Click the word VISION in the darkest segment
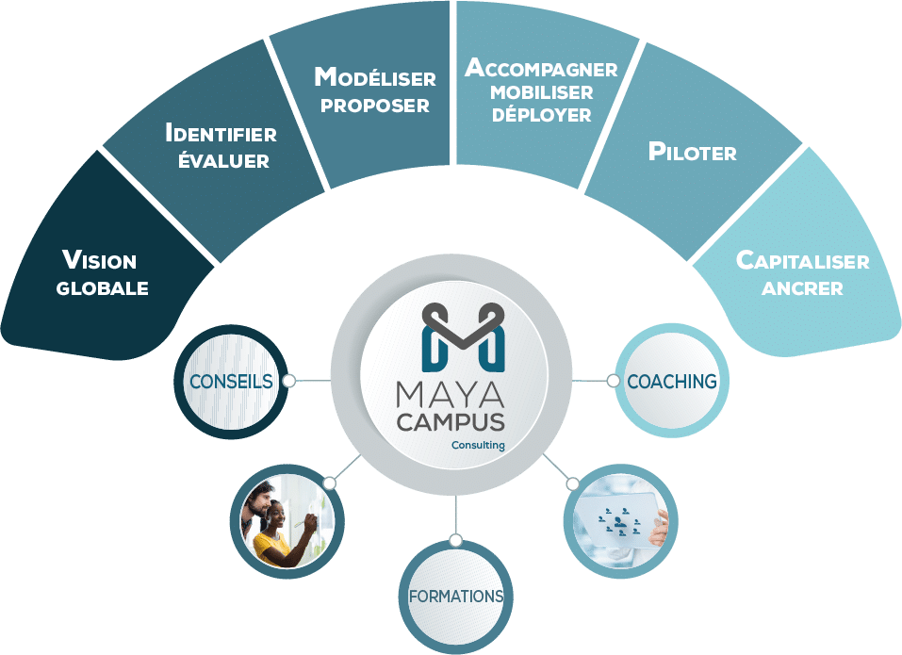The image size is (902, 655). (x=100, y=260)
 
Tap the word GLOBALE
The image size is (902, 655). (x=103, y=288)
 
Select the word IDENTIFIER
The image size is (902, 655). (x=221, y=133)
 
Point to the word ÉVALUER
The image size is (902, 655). (x=223, y=159)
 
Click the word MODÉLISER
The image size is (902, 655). (x=375, y=77)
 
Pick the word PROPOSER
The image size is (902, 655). (x=375, y=106)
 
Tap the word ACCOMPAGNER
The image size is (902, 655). (x=541, y=68)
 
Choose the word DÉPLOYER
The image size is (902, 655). (x=541, y=114)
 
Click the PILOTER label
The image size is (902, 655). (x=693, y=151)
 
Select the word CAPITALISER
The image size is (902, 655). (x=803, y=260)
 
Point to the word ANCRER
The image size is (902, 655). (x=802, y=288)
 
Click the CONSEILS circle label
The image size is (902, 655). (x=231, y=382)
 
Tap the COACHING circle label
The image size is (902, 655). (x=672, y=382)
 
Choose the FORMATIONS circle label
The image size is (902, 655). (x=456, y=597)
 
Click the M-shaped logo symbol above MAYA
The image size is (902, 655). (x=463, y=337)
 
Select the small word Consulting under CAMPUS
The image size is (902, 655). (x=478, y=445)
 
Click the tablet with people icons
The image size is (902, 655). (x=617, y=520)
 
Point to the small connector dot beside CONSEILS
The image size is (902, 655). (x=289, y=381)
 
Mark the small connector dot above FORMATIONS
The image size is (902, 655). (x=455, y=541)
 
